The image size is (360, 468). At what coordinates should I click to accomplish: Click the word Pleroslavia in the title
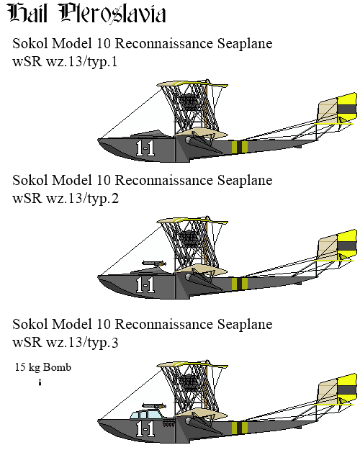point(113,14)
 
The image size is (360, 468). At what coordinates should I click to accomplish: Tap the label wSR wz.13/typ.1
point(65,61)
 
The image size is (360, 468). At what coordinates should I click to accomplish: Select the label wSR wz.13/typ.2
point(66,198)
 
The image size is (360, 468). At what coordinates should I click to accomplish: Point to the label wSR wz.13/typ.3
point(65,342)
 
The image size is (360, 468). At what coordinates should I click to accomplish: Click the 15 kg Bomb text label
point(43,366)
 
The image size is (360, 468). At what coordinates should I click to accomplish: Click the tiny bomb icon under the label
point(40,382)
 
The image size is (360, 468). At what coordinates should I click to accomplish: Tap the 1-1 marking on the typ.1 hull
point(145,148)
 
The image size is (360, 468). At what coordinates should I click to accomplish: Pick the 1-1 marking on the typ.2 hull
point(145,284)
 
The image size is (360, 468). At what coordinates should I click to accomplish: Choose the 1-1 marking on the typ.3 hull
point(145,429)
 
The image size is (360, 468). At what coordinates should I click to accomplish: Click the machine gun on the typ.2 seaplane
point(154,264)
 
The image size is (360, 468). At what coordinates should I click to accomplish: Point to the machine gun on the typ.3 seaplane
point(154,406)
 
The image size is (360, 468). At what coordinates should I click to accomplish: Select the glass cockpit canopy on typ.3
point(145,414)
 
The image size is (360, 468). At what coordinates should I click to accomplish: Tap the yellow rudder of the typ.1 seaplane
point(347,108)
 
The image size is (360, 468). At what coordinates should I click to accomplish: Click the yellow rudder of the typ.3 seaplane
point(347,389)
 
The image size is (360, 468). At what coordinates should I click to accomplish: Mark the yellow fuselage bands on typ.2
point(240,284)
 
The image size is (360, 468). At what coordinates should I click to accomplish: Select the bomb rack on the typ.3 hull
point(169,423)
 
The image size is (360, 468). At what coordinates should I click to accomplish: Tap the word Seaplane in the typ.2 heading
point(245,180)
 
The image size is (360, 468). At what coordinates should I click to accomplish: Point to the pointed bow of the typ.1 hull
point(99,140)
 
